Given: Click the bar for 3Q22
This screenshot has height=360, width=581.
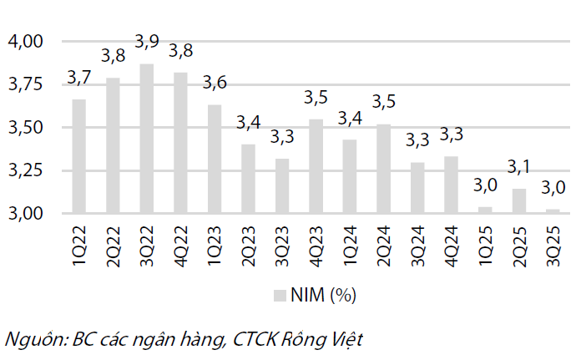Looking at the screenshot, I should tap(146, 139).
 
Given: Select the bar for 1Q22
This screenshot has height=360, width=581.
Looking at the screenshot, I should tap(78, 156).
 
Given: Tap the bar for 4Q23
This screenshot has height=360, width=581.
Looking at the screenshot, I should tap(316, 166).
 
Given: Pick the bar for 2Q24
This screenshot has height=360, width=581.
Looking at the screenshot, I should tap(383, 169).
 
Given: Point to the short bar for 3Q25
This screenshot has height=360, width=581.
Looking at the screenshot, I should tap(553, 211).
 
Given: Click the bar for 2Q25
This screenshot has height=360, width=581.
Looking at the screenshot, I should tap(518, 201).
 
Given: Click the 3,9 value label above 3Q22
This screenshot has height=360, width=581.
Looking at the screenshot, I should tap(147, 43).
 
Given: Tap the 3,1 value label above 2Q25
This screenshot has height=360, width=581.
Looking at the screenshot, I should tap(518, 167).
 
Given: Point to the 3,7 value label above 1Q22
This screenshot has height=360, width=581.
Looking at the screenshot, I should tap(78, 78).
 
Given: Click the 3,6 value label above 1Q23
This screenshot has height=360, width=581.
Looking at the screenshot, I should tap(215, 83).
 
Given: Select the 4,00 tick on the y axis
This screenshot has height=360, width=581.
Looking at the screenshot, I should tap(24, 41).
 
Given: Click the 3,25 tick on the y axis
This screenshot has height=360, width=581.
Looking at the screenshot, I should tap(24, 170).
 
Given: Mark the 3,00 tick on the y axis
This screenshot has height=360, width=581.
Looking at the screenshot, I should tap(24, 214).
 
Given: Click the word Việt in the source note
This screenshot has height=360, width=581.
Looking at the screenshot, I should tap(345, 339).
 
